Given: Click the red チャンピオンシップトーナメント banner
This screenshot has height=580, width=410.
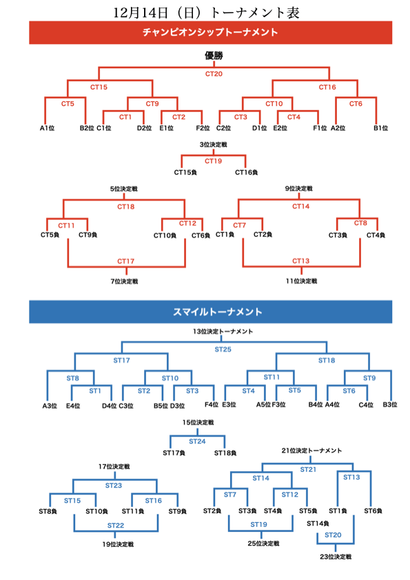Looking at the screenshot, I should [210, 32].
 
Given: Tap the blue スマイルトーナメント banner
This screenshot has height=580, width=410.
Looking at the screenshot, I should [210, 311].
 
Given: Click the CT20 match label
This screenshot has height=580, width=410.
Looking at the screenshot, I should [214, 73].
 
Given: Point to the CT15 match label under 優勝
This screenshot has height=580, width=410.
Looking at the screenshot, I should [99, 87].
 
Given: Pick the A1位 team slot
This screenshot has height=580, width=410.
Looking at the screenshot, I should [46, 127].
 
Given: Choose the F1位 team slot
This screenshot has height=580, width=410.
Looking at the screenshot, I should [321, 127].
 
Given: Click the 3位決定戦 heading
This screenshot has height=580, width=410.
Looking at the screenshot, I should [214, 145].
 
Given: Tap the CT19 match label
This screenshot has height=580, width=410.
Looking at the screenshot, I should [214, 161].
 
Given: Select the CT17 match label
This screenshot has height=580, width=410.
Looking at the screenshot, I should [126, 262].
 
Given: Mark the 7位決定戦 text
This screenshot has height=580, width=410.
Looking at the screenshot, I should [125, 281].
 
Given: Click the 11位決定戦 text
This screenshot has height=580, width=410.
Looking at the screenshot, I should [301, 281].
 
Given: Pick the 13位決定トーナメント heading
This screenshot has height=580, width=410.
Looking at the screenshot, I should [223, 331].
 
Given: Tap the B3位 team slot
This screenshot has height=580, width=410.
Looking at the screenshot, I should [389, 405].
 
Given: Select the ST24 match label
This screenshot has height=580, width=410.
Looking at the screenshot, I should [198, 441].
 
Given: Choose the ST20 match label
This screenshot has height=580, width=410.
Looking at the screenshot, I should [333, 535].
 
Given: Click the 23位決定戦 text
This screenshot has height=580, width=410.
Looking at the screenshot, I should [336, 556].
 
